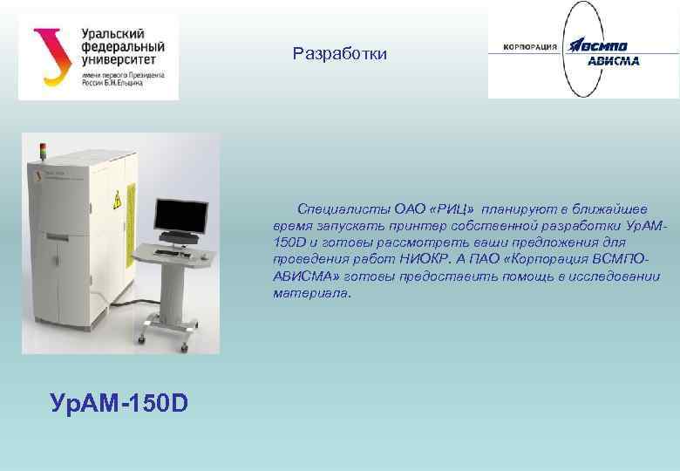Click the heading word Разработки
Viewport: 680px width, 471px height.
pos(339,54)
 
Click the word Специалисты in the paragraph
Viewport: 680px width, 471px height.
pos(343,208)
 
